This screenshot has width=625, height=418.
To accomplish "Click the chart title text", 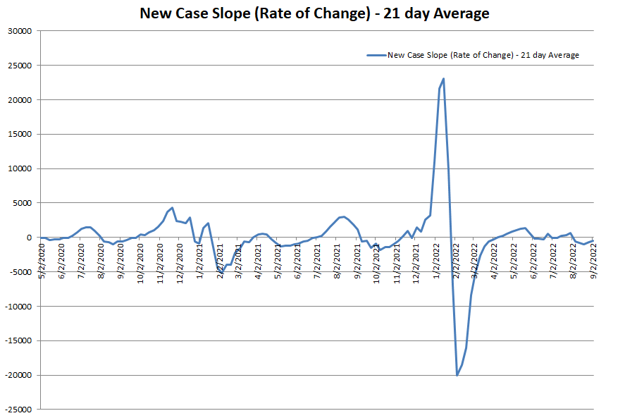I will tap(314, 13).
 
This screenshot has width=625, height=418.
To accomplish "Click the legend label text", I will tap(483, 55).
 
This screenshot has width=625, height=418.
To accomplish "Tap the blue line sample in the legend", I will tap(376, 55).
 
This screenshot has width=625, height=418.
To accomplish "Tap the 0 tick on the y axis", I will tap(32, 238).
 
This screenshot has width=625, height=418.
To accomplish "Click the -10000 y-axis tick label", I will tap(20, 307).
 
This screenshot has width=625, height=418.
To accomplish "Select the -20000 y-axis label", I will tap(20, 375).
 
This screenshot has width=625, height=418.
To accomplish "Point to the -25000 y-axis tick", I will tap(20, 410).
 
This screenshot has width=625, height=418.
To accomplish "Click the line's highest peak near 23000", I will tap(443, 78).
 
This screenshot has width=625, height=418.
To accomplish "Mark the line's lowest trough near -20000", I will tap(457, 375).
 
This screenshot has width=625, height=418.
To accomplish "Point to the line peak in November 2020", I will tap(171, 208).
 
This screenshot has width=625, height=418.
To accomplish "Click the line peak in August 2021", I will tap(343, 216).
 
